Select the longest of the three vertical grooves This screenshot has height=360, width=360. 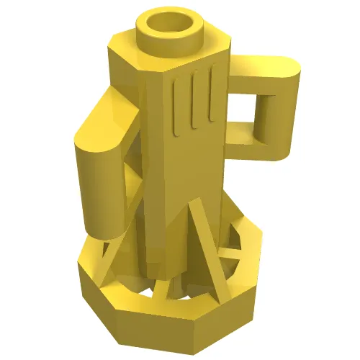click(x=177, y=108)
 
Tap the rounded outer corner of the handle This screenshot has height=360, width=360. click(x=292, y=68)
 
